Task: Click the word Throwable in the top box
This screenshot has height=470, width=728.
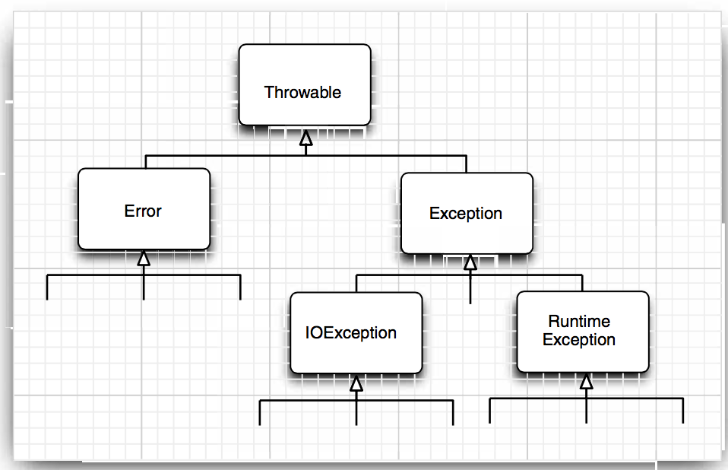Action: [x=302, y=93]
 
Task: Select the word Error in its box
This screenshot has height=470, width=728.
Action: [x=143, y=211]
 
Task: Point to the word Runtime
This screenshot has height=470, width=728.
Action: [x=579, y=321]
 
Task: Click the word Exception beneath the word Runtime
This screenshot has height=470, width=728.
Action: [x=579, y=340]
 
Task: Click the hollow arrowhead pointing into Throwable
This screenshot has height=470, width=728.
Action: [x=305, y=138]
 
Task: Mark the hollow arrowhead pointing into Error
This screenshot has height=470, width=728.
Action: [x=144, y=259]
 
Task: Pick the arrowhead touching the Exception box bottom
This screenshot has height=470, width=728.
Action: [x=470, y=263]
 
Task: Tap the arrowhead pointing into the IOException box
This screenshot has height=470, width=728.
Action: [x=356, y=383]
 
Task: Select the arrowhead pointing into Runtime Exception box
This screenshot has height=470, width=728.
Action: [x=586, y=382]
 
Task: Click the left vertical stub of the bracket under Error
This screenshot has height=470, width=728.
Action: [x=47, y=287]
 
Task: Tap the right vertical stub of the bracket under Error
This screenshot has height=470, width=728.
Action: [x=240, y=287]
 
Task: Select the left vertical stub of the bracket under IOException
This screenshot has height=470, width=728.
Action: [x=260, y=412]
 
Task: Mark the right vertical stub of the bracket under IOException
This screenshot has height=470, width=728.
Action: [x=453, y=412]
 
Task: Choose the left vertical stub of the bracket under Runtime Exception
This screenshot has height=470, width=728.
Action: [x=489, y=411]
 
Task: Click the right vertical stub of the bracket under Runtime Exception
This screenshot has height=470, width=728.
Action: [x=682, y=411]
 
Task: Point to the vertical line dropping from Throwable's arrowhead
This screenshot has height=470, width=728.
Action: [x=305, y=150]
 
